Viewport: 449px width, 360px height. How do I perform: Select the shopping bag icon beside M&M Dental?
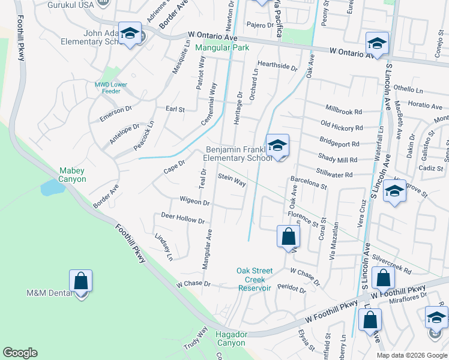pyautogui.click(x=80, y=281)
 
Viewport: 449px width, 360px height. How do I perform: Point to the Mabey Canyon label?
pyautogui.click(x=72, y=175)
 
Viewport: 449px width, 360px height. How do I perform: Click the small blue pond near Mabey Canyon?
pyautogui.click(x=53, y=188)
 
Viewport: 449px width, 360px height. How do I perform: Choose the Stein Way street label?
pyautogui.click(x=232, y=179)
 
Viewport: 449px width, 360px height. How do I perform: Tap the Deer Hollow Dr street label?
pyautogui.click(x=182, y=218)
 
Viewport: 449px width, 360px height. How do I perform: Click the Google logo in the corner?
pyautogui.click(x=20, y=353)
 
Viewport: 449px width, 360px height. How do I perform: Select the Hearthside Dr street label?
pyautogui.click(x=277, y=65)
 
